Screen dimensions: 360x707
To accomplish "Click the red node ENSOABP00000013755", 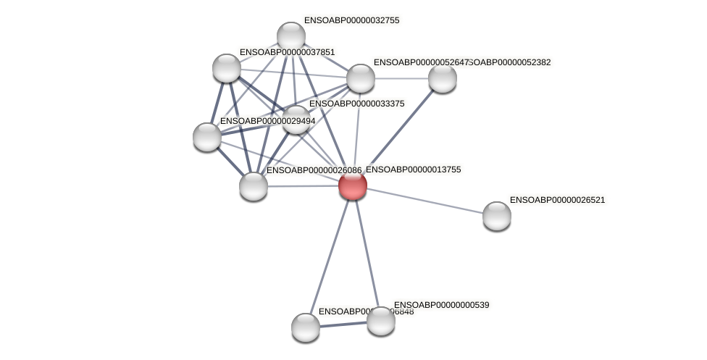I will (x=353, y=185).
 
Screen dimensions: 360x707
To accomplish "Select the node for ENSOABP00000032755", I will (x=291, y=36).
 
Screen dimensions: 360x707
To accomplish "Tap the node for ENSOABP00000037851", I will (x=227, y=68).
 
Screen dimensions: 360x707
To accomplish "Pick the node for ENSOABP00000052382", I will (x=442, y=78).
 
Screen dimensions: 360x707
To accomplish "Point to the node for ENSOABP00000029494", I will (x=207, y=136).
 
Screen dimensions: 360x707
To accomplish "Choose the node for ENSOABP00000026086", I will (x=254, y=185).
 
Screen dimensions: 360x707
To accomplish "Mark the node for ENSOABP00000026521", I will (x=497, y=215).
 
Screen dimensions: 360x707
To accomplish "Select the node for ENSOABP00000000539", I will (x=380, y=320).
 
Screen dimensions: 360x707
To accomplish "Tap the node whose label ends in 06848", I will (x=306, y=327).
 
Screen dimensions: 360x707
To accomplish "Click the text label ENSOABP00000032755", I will (x=351, y=20).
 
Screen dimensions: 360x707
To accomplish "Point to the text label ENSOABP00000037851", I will (x=287, y=52).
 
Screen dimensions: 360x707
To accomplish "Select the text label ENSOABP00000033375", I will (x=356, y=104).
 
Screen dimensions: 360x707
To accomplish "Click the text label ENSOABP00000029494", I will (x=267, y=121).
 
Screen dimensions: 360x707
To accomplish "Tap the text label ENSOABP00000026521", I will (x=557, y=200).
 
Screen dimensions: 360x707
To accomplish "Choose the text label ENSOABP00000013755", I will (x=413, y=169).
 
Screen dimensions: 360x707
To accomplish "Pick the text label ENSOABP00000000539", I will (x=441, y=305).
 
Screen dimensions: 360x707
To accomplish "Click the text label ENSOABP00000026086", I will (x=314, y=170).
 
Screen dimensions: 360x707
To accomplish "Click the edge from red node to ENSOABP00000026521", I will (x=424, y=200).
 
